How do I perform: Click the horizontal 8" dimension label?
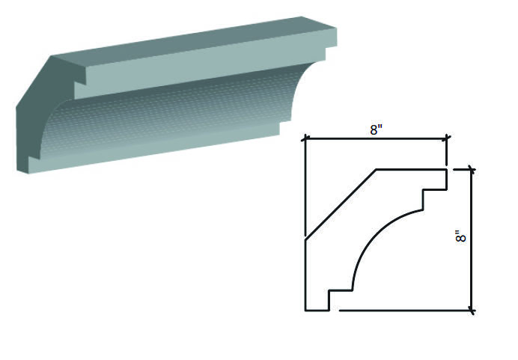click(376, 129)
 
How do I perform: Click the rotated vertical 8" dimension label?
click(460, 237)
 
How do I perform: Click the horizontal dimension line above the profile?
click(376, 139)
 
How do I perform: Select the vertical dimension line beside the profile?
click(472, 240)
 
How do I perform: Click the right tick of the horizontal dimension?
click(448, 138)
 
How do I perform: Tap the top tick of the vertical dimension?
click(472, 170)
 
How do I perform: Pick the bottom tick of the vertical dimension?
click(472, 311)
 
